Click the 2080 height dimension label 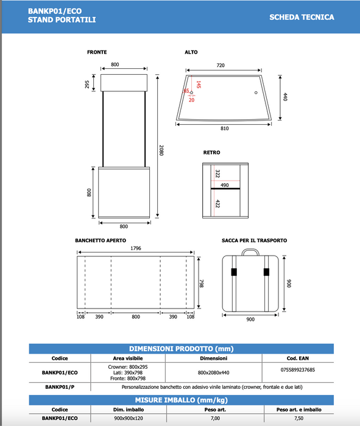161,150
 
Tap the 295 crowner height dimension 87,84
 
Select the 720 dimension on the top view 221,65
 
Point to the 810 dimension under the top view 225,128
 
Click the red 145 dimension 199,85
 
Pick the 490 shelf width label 225,185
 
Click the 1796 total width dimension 136,248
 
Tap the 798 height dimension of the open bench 202,284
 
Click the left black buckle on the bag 234,271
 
